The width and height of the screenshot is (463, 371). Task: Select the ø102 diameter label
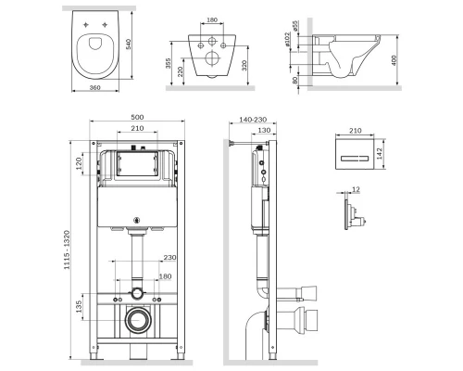pyautogui.click(x=292, y=38)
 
